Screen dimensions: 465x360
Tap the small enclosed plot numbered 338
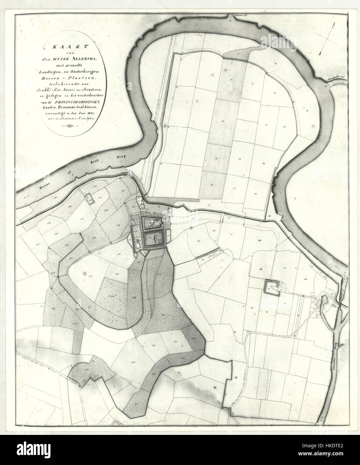click(90, 199)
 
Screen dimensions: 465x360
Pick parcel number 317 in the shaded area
click(136, 404)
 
